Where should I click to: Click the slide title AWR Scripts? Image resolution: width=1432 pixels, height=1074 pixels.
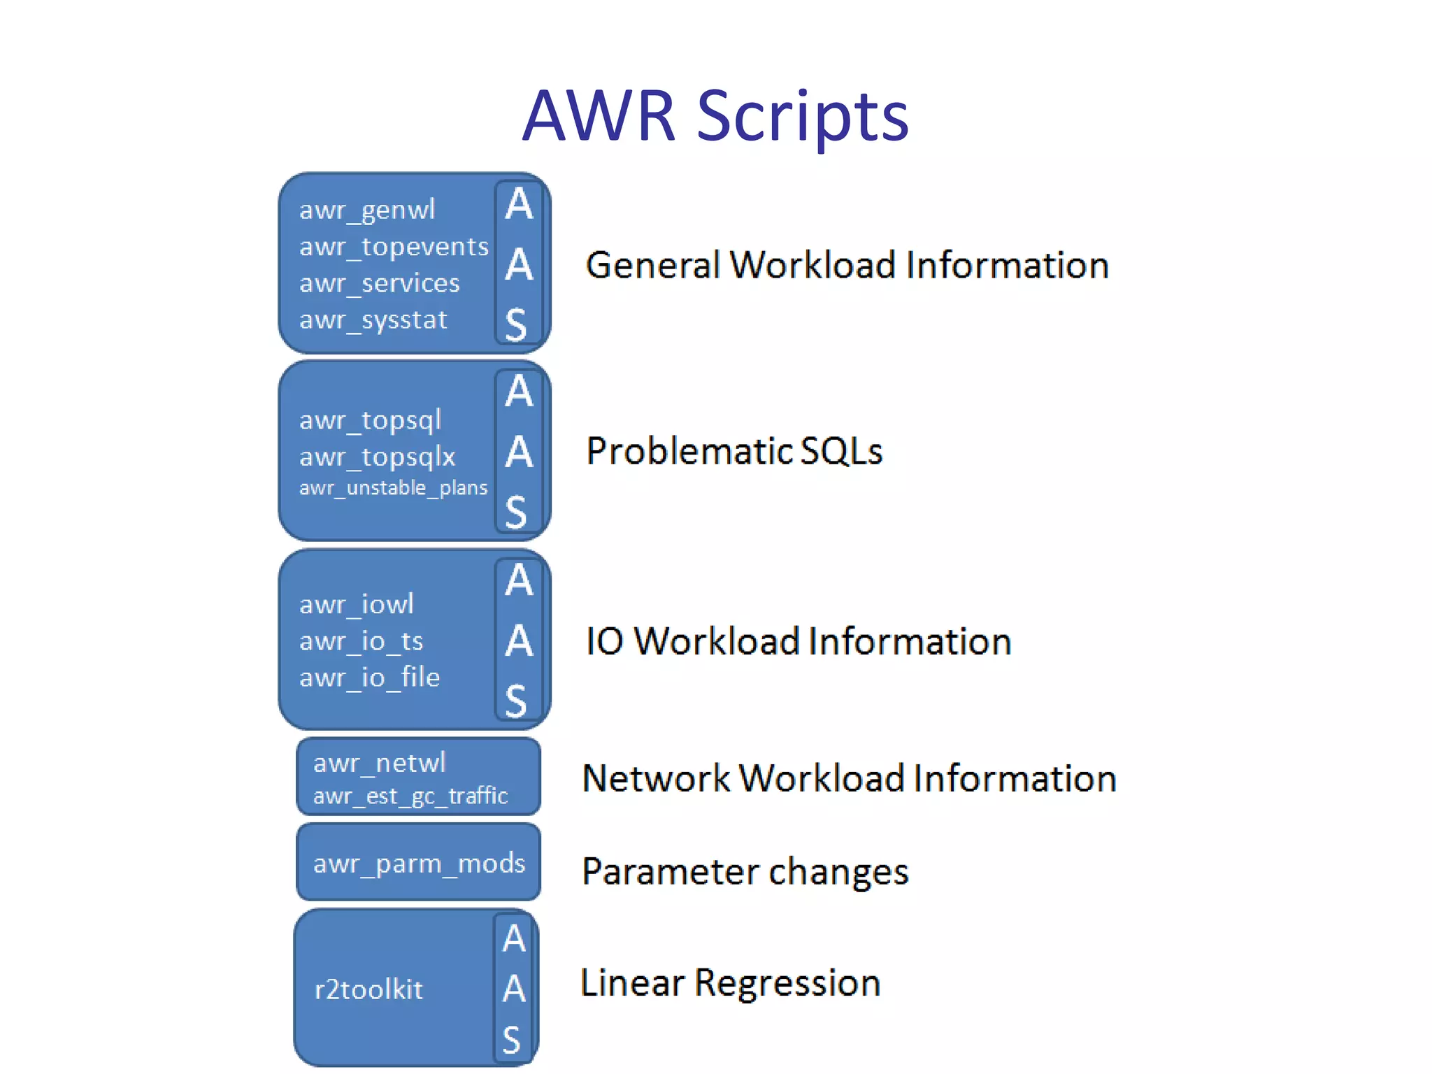[x=715, y=116]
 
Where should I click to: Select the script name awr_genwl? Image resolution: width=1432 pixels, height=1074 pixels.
[x=367, y=210]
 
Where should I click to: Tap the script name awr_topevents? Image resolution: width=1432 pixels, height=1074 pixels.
[x=394, y=247]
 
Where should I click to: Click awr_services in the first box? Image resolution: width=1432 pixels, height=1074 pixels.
[x=380, y=283]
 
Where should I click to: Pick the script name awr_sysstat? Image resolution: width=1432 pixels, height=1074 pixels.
[x=373, y=320]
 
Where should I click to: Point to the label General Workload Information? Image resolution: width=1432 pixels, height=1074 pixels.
[x=847, y=265]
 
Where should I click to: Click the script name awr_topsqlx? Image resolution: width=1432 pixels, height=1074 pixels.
[x=377, y=457]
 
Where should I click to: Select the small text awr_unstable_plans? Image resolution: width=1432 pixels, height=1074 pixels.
[x=393, y=487]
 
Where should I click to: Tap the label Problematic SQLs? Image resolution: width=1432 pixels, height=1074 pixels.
[x=734, y=451]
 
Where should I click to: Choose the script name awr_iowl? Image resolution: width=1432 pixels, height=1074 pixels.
[x=357, y=604]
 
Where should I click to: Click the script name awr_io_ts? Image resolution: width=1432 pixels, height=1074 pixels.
[x=361, y=641]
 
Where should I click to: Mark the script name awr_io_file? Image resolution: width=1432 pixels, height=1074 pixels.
[x=369, y=678]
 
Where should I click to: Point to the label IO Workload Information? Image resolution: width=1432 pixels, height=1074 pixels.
[x=799, y=641]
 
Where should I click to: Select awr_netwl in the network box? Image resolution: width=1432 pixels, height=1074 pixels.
[x=379, y=763]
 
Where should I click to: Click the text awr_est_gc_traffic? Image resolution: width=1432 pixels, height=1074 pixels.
[x=410, y=796]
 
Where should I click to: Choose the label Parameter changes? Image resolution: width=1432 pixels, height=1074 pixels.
[x=745, y=871]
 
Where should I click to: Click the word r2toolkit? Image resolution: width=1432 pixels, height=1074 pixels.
[x=368, y=989]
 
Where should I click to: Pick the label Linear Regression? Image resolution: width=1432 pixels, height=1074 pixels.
[x=730, y=982]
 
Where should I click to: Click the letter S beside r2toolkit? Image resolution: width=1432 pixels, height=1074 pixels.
[x=512, y=1040]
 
